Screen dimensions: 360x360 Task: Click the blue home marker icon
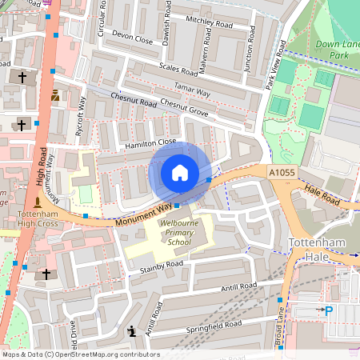click(180, 172)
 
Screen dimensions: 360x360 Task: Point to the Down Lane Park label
click(337, 49)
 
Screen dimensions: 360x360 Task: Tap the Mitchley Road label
click(209, 25)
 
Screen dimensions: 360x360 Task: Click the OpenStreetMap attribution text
click(80, 354)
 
